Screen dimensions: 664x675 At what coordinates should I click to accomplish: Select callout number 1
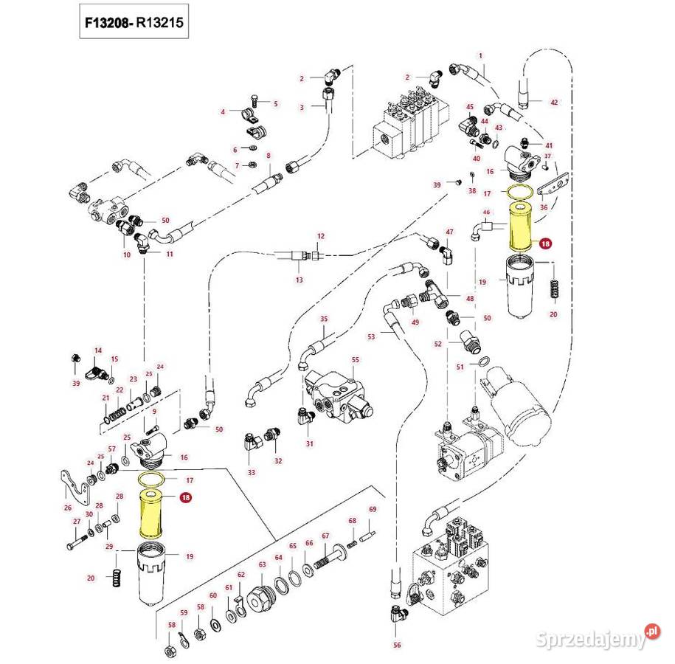480,56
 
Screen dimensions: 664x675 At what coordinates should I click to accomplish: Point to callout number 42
555,102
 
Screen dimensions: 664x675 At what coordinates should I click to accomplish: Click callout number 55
355,359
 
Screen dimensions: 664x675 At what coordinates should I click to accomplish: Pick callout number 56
397,644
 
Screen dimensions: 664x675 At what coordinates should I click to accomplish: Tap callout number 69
373,510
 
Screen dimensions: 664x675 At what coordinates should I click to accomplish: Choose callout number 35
323,318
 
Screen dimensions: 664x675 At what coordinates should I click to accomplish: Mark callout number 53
371,336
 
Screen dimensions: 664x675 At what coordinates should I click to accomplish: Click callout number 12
321,235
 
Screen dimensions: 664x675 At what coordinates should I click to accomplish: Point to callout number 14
97,350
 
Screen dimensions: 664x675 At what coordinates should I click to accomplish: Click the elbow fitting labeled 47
447,255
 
